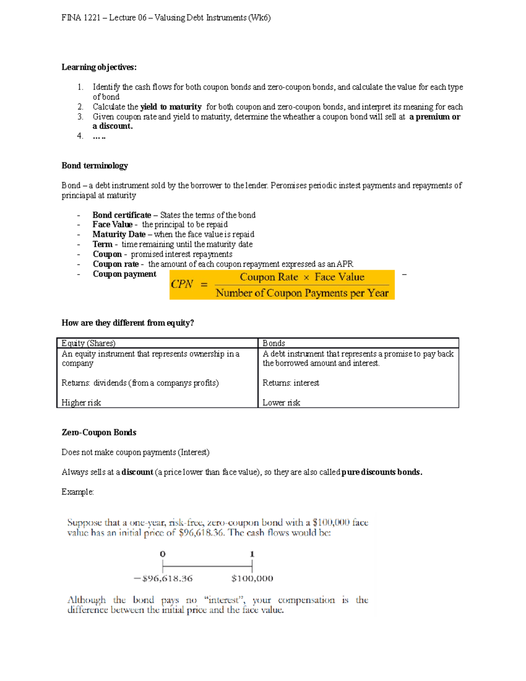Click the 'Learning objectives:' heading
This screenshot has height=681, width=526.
(99, 67)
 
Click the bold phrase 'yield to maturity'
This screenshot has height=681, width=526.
(171, 107)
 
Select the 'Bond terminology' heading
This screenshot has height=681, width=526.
(95, 166)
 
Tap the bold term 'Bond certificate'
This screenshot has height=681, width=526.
(121, 215)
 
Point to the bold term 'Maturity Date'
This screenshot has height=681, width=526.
(119, 235)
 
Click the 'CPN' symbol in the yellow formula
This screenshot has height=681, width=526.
(181, 284)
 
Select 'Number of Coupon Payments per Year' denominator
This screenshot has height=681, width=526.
(302, 293)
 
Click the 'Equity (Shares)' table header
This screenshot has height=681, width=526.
(89, 343)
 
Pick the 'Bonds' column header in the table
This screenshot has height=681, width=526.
(274, 343)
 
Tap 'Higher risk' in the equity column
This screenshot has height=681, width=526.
(81, 403)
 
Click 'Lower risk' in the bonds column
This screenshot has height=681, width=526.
(281, 403)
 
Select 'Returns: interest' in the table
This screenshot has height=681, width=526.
(291, 383)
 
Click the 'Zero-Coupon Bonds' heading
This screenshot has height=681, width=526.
(99, 432)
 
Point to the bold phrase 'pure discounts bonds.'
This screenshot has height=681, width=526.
(381, 472)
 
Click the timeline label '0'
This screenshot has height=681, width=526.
(163, 554)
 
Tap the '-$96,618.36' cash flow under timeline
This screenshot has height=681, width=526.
(163, 578)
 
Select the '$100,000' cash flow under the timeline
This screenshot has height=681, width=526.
(252, 578)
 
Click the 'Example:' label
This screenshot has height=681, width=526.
(78, 492)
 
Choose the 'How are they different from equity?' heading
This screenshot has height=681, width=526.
(128, 323)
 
